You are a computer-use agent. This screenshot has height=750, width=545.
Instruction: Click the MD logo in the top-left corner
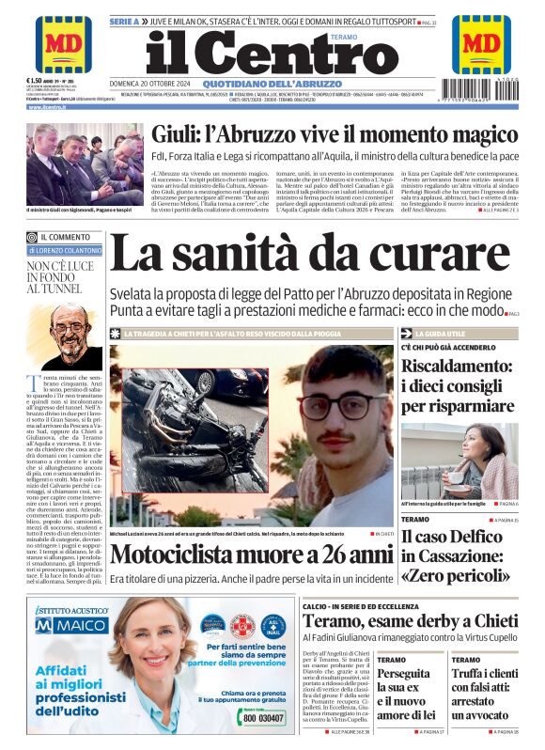[63, 43]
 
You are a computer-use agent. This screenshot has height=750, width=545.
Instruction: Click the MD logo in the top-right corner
[481, 43]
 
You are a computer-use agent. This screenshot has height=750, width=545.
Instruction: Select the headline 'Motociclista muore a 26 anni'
[250, 555]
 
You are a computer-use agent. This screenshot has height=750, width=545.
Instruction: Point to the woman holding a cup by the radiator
[485, 460]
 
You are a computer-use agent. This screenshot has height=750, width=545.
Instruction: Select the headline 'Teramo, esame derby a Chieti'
[410, 621]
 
